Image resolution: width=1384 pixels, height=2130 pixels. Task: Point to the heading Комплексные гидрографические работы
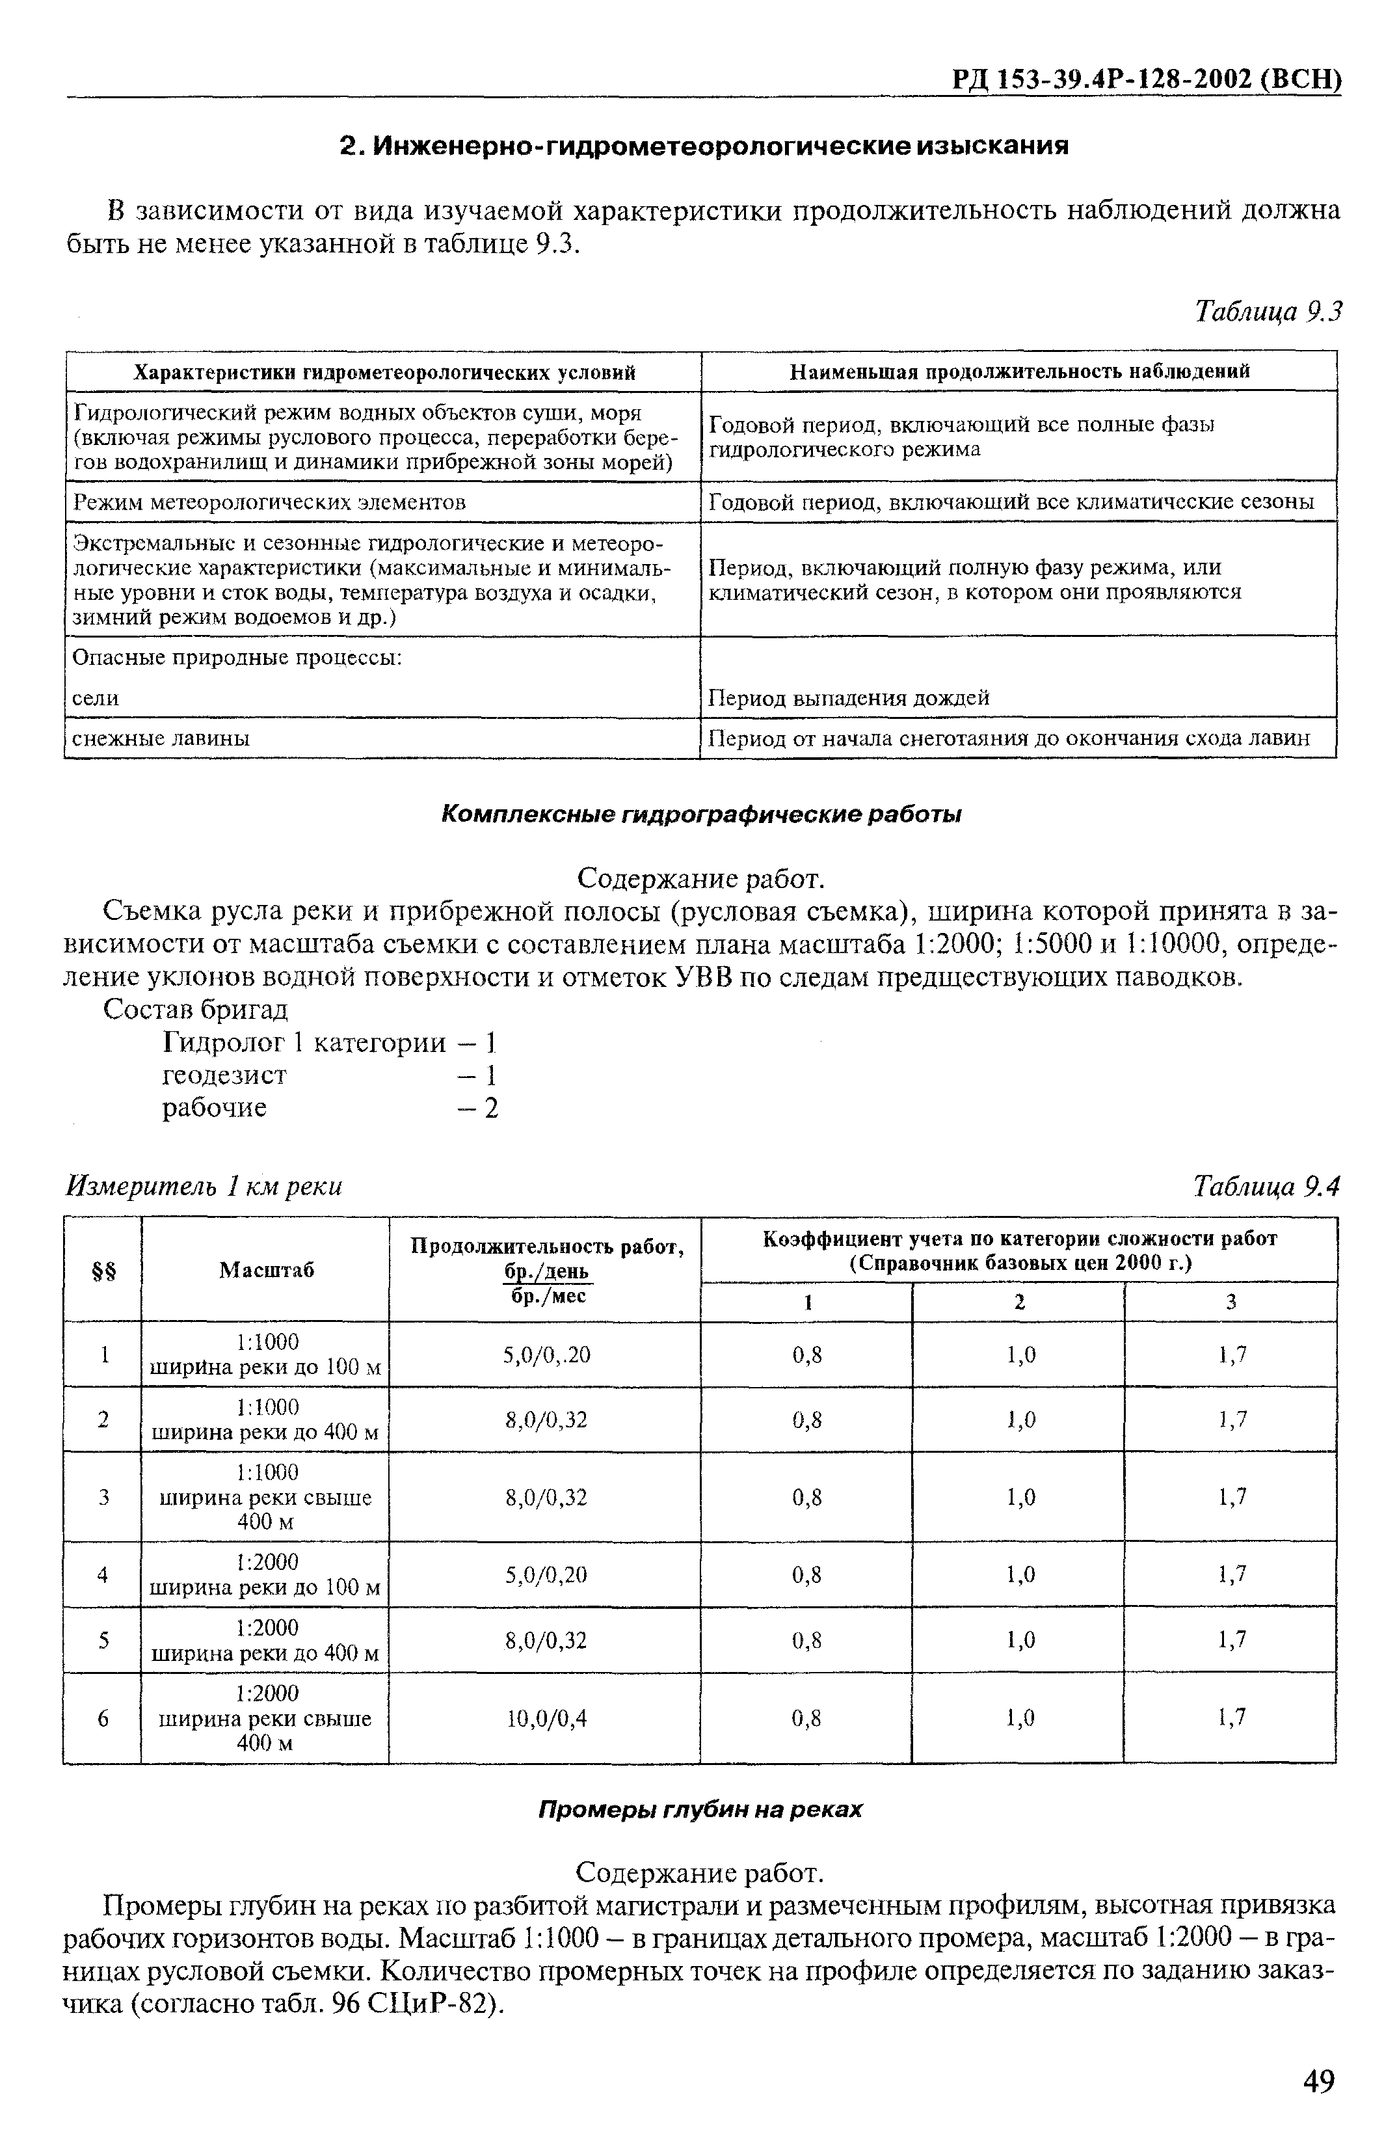click(x=701, y=815)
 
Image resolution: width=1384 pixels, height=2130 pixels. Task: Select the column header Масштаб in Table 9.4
click(x=266, y=1269)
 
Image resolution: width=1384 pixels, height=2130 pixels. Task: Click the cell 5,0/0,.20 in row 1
click(x=546, y=1355)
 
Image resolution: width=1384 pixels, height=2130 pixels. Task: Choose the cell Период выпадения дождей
click(x=848, y=698)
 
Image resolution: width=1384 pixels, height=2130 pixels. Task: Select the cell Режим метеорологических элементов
click(x=269, y=502)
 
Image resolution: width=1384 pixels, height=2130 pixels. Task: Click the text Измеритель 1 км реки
click(x=205, y=1187)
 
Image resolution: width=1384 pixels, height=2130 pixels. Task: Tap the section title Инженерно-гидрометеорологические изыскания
click(x=705, y=145)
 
